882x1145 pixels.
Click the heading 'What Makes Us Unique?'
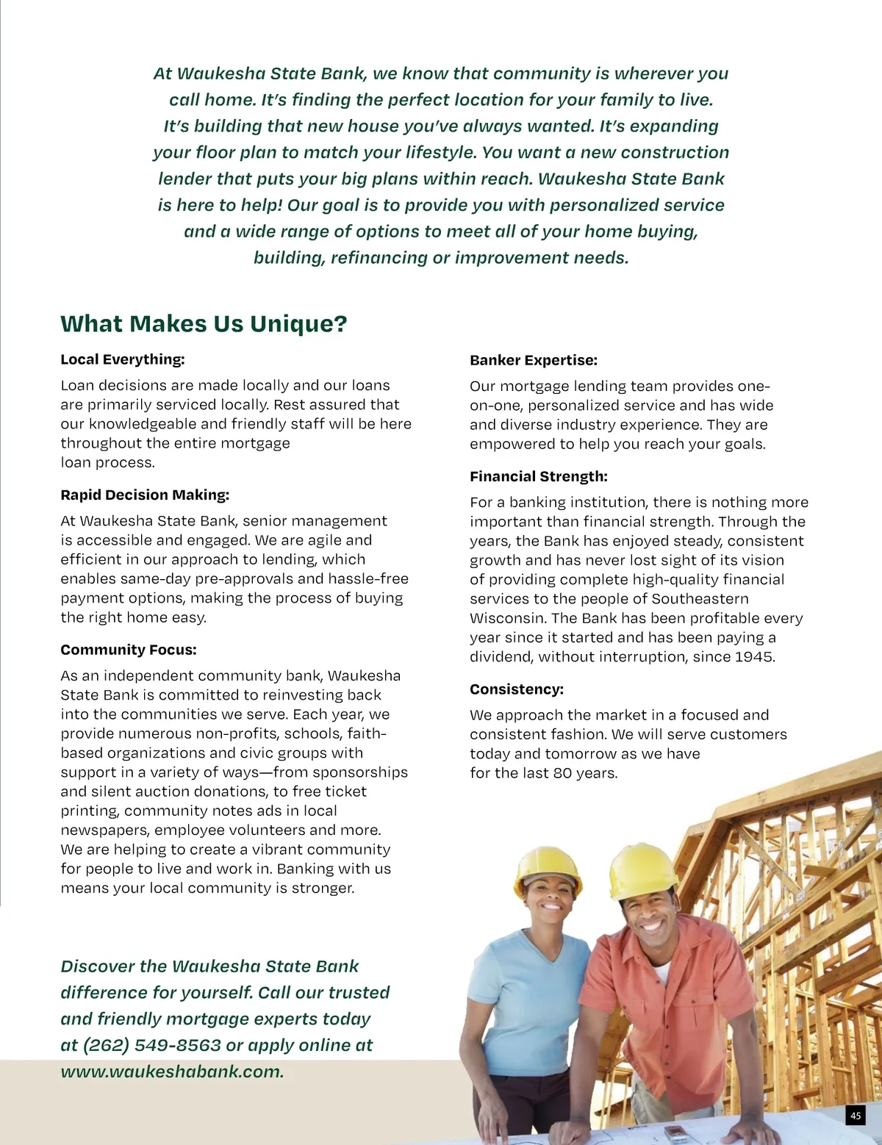(x=204, y=323)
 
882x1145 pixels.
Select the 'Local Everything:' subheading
(x=123, y=359)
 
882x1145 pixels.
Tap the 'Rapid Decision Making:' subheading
(x=145, y=495)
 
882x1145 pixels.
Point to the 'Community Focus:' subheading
(x=129, y=650)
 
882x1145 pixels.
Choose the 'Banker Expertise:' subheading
(x=534, y=360)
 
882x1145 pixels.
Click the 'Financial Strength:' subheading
(x=539, y=476)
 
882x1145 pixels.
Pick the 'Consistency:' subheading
(x=517, y=689)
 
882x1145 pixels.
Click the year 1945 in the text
(x=754, y=657)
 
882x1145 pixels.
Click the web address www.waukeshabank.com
(x=172, y=1072)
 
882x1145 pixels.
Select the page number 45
(x=856, y=1116)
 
